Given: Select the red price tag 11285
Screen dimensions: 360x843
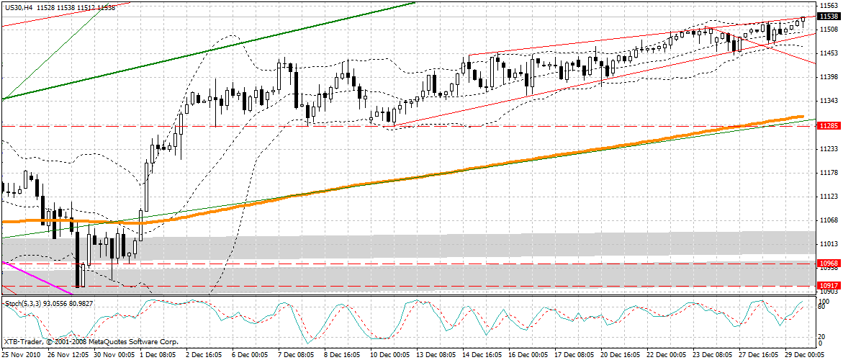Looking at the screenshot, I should coord(828,126).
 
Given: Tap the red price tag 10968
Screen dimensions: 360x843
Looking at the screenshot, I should coord(828,264).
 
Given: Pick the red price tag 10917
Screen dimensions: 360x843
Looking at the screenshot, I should coord(828,286).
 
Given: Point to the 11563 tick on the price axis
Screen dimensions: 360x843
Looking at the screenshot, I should coord(828,5).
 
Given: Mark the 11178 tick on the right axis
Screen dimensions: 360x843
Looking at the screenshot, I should coord(828,173).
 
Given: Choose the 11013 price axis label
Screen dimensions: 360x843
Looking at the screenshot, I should coord(828,244).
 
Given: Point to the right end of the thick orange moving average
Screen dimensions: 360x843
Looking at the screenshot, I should coord(802,116).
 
